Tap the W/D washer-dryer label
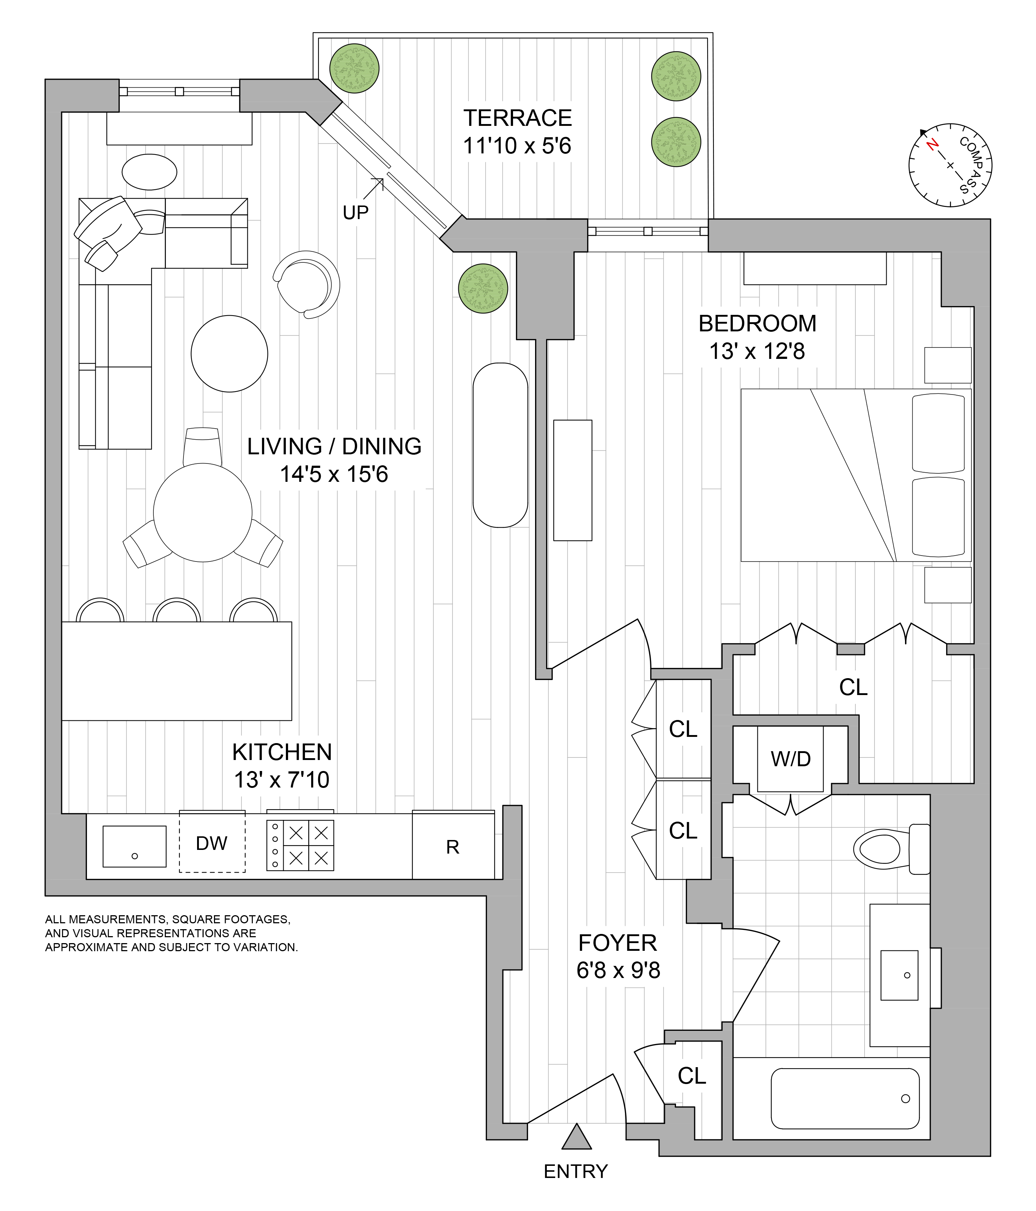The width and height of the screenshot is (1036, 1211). click(790, 759)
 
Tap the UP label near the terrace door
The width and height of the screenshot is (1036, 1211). click(355, 213)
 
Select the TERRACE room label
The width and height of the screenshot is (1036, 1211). click(518, 118)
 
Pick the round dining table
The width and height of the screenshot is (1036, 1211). click(203, 513)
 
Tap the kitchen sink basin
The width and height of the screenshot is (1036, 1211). click(134, 846)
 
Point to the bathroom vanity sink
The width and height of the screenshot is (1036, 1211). click(899, 975)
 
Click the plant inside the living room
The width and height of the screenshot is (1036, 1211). click(483, 289)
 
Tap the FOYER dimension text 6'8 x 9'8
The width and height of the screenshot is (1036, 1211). click(618, 971)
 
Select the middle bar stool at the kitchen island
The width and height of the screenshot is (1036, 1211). click(177, 610)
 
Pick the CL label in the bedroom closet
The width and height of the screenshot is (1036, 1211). click(853, 688)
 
